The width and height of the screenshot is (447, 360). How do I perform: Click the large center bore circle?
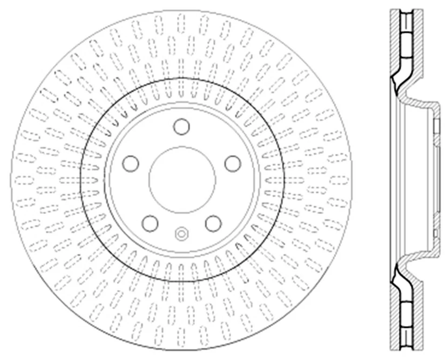pyautogui.click(x=182, y=180)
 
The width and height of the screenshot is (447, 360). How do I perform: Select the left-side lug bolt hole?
pyautogui.click(x=131, y=163)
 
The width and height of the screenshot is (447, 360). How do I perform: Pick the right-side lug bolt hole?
pyautogui.click(x=233, y=163)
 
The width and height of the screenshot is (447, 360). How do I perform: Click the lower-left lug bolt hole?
pyautogui.click(x=150, y=223)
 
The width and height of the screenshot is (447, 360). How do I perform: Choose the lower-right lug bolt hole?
pyautogui.click(x=214, y=223)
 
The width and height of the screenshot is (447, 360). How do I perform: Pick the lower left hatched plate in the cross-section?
pyautogui.click(x=394, y=321)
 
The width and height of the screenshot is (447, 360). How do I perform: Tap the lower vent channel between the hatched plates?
pyautogui.click(x=406, y=321)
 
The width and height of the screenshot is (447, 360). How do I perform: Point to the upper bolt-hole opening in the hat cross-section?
pyautogui.click(x=437, y=126)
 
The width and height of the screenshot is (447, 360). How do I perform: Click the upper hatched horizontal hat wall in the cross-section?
pyautogui.click(x=421, y=103)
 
